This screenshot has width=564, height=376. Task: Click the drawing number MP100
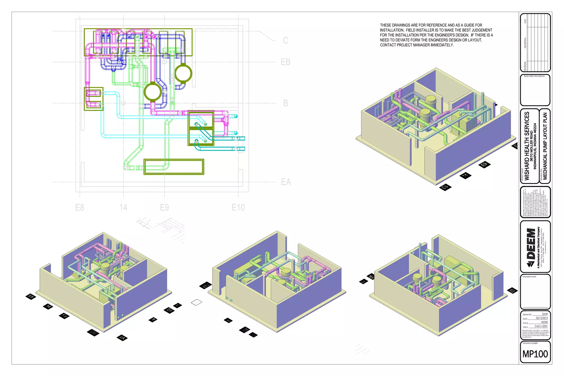click(x=535, y=354)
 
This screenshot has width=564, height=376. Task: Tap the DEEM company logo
click(x=531, y=247)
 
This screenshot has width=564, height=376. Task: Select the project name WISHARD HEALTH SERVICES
click(x=527, y=146)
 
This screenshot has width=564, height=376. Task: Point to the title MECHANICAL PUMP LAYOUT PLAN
click(x=545, y=146)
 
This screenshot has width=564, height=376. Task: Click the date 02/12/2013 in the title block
click(x=541, y=318)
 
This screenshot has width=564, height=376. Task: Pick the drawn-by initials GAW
click(x=545, y=314)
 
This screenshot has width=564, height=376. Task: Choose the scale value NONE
click(x=544, y=322)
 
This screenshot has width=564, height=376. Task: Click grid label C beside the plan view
click(x=286, y=41)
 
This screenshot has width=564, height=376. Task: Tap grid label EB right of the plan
click(x=286, y=62)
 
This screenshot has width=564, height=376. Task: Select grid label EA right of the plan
click(x=286, y=182)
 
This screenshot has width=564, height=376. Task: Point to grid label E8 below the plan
click(x=80, y=207)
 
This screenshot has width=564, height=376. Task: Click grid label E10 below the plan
click(x=238, y=207)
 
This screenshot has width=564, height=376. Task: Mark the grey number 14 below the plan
click(x=123, y=207)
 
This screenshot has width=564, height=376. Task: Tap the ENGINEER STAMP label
click(x=529, y=277)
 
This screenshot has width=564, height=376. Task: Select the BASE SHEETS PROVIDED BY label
click(x=534, y=76)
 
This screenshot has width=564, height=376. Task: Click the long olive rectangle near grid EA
click(x=174, y=167)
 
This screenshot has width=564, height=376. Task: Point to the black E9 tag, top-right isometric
click(x=484, y=165)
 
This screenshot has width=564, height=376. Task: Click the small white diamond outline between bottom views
click(x=196, y=302)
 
